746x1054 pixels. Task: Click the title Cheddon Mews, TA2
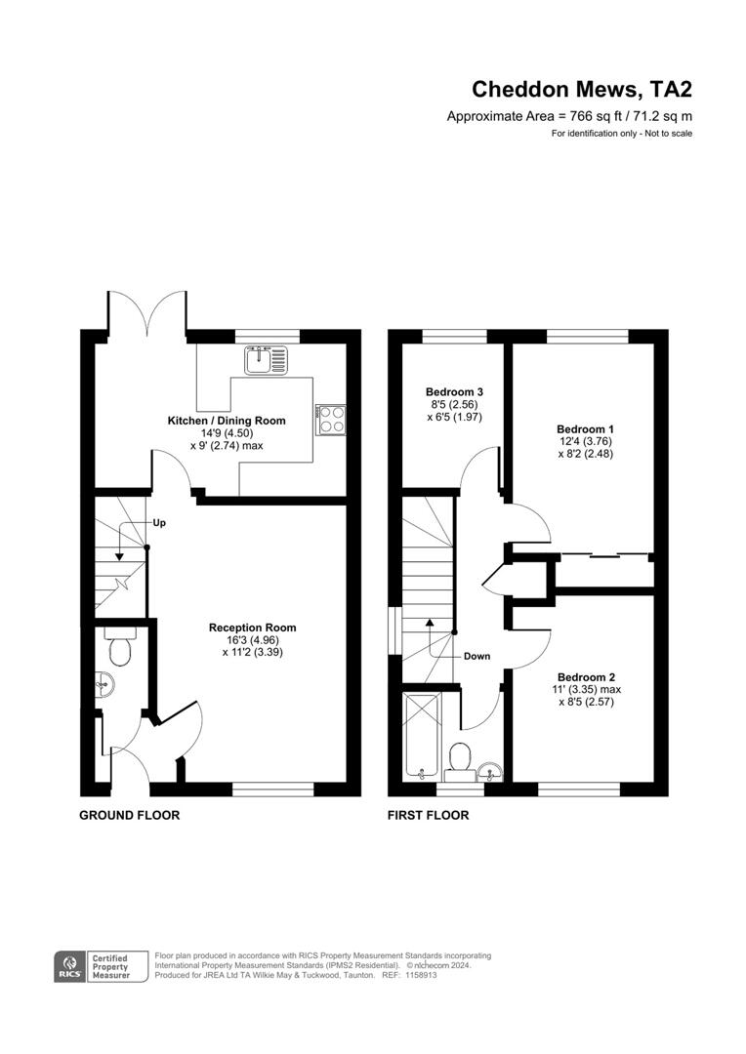582,90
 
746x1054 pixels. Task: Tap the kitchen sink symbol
267,359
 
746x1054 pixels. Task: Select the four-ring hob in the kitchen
331,419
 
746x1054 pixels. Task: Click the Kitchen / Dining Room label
227,421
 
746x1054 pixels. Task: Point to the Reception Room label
252,628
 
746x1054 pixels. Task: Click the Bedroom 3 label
454,392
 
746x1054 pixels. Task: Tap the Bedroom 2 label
587,677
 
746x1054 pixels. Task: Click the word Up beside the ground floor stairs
158,523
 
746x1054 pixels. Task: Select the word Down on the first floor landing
477,656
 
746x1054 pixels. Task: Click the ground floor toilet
121,648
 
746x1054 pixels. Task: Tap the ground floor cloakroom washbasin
106,685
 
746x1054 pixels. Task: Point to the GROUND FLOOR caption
129,815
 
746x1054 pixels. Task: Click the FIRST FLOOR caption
428,815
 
